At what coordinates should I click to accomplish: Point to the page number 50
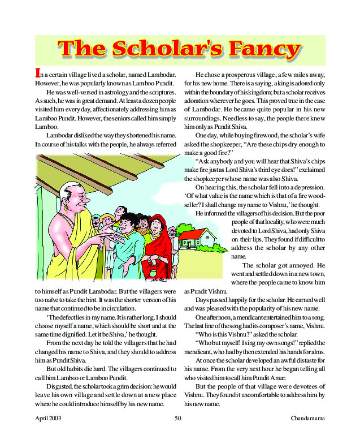pos(177,419)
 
